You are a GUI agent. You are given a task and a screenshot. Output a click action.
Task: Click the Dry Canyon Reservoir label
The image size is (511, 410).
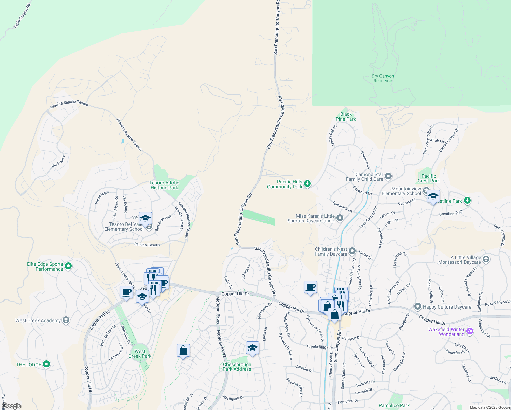pyautogui.click(x=383, y=78)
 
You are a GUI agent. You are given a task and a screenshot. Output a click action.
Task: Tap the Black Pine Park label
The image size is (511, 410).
pyautogui.click(x=346, y=117)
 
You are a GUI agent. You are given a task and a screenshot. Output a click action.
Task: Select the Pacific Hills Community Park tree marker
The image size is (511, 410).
pyautogui.click(x=307, y=184)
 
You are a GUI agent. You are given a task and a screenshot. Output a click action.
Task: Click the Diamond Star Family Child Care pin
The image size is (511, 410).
pyautogui.click(x=388, y=176)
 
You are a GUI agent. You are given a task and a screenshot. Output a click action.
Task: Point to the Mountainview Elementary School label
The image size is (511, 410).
pyautogui.click(x=401, y=191)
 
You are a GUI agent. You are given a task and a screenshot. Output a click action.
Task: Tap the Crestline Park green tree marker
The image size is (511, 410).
pyautogui.click(x=467, y=201)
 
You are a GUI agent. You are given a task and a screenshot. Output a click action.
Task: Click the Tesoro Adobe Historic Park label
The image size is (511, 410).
pyautogui.click(x=164, y=185)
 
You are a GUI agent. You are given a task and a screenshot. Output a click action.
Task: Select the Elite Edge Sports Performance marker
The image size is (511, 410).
pyautogui.click(x=68, y=266)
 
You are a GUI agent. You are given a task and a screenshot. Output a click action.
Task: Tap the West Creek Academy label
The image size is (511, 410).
pyautogui.click(x=38, y=320)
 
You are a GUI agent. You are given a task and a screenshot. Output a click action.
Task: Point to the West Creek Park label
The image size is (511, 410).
pyautogui.click(x=140, y=354)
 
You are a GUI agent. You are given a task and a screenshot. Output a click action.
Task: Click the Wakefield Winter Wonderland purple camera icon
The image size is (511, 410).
pyautogui.click(x=470, y=331)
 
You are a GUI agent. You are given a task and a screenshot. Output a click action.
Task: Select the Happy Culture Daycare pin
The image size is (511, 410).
pyautogui.click(x=417, y=306)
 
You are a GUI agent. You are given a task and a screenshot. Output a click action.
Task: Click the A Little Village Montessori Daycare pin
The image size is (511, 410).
pyautogui.click(x=486, y=259)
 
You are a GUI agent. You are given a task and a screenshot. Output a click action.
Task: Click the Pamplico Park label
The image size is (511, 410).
pyautogui.click(x=394, y=405)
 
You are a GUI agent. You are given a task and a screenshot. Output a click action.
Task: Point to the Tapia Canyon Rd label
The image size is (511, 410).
pyautogui.click(x=22, y=16)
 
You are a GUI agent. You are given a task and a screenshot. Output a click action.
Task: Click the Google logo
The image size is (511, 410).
pyautogui.click(x=12, y=406)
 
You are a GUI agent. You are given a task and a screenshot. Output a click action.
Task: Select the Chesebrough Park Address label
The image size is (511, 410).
pyautogui.click(x=237, y=367)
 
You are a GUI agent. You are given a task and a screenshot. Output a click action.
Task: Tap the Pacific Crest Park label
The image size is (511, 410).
pyautogui.click(x=429, y=178)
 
